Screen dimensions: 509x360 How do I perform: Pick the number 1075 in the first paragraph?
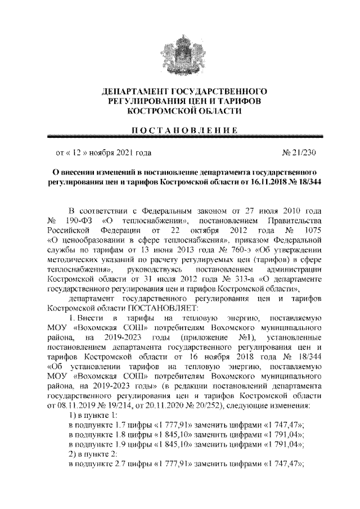(310, 229)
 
